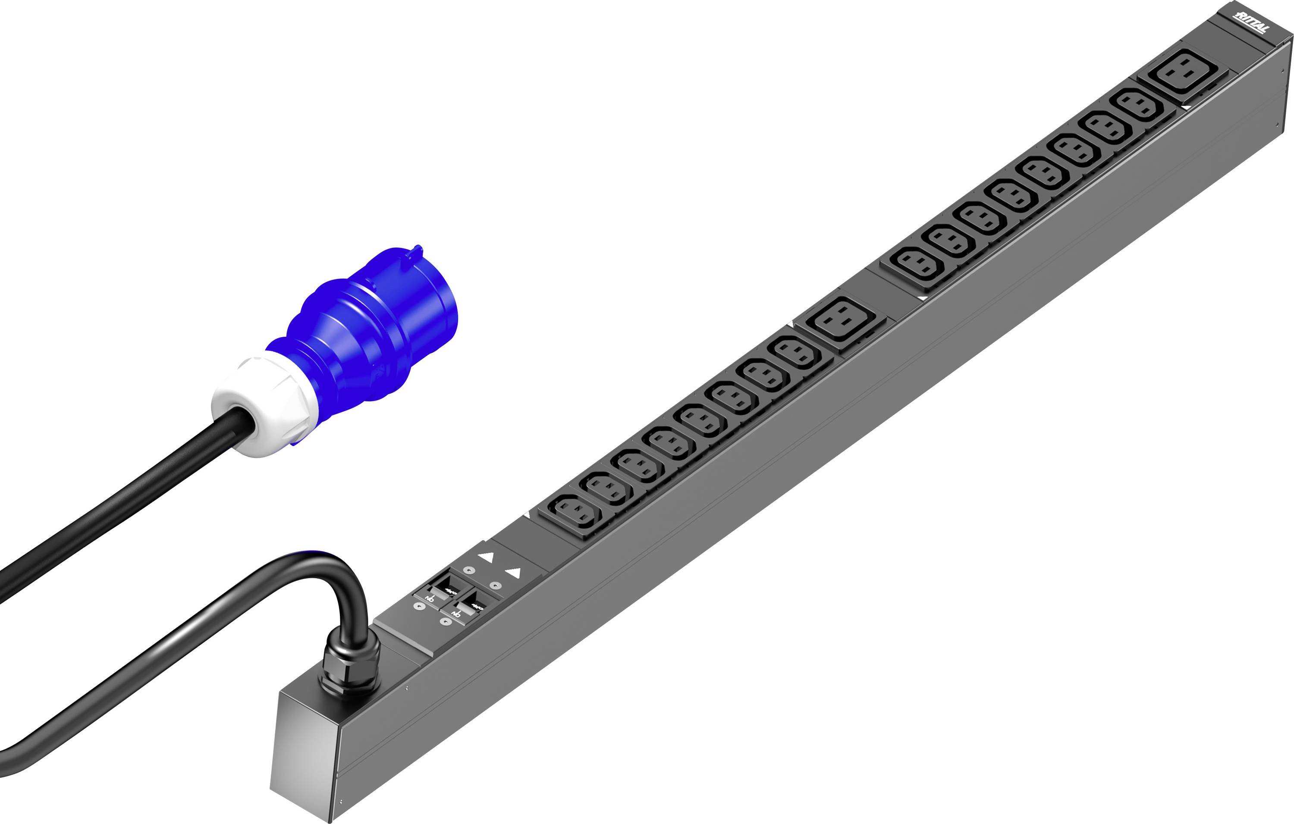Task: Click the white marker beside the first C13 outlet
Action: tap(527, 515)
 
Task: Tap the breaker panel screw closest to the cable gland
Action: tap(420, 606)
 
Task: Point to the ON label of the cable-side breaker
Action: tap(429, 597)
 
